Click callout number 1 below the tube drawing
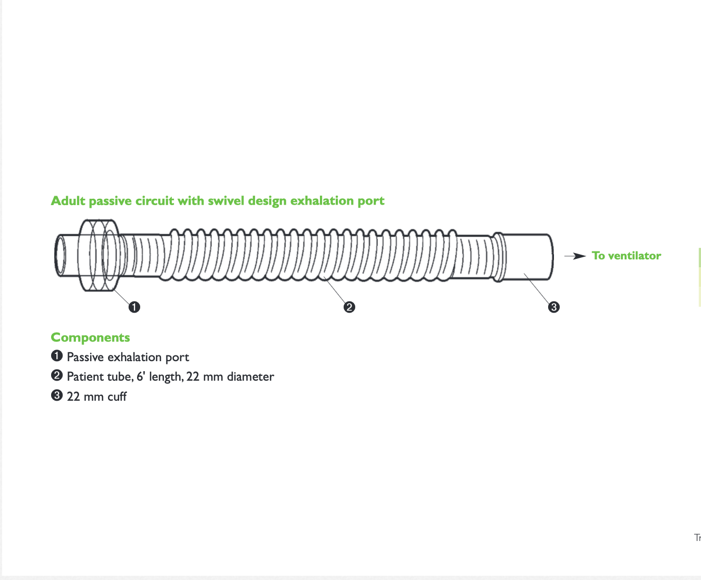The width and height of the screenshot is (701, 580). [x=134, y=307]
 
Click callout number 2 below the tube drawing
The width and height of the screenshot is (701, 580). [x=349, y=307]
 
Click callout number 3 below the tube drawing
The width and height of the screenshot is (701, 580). [x=553, y=307]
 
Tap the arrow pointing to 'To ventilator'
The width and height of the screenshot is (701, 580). [x=575, y=256]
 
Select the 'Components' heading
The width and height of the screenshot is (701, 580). [x=90, y=337]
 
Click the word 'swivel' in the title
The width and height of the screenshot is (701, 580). [x=226, y=201]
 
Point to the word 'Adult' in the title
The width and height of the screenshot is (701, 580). [x=68, y=201]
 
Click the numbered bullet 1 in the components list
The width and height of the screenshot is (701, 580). [x=57, y=356]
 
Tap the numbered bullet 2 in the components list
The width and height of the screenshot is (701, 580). [x=57, y=375]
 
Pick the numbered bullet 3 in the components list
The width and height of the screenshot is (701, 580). [x=57, y=395]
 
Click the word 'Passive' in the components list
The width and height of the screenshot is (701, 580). [x=85, y=357]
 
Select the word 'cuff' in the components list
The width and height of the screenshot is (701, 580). [x=117, y=397]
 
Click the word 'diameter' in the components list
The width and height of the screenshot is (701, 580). [x=250, y=376]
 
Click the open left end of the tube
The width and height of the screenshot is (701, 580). [x=61, y=256]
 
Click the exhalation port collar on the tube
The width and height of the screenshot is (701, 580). [x=99, y=255]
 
